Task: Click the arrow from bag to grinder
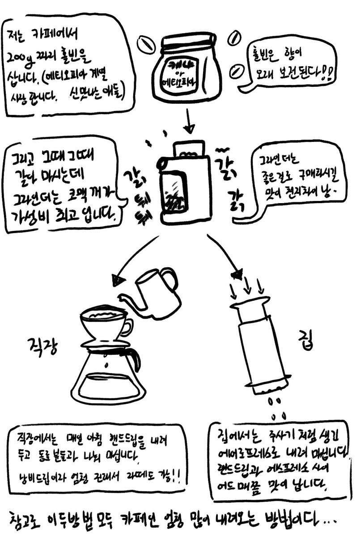(188, 121)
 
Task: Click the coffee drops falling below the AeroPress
(274, 405)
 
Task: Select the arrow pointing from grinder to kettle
(134, 264)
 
